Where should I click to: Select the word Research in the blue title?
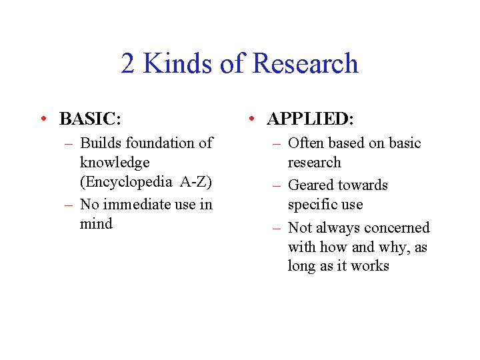pyautogui.click(x=306, y=64)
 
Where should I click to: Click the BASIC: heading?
pyautogui.click(x=90, y=119)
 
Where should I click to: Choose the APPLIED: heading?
pyautogui.click(x=310, y=119)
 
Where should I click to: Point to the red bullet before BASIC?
pyautogui.click(x=43, y=119)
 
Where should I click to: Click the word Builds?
pyautogui.click(x=100, y=143)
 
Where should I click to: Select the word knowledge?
pyautogui.click(x=115, y=163)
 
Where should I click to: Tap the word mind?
pyautogui.click(x=96, y=224)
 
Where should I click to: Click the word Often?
pyautogui.click(x=305, y=143)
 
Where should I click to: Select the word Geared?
pyautogui.click(x=308, y=185)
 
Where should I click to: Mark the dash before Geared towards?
pyautogui.click(x=276, y=185)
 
